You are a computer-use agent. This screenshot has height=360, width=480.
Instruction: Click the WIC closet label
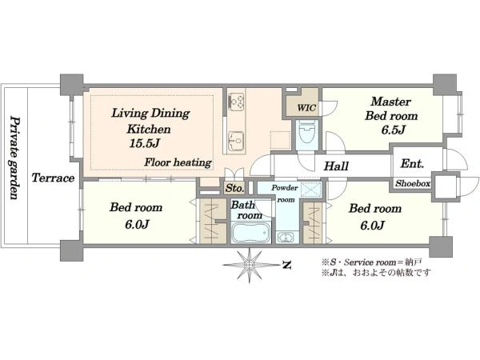306,108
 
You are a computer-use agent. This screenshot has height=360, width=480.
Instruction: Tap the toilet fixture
307,131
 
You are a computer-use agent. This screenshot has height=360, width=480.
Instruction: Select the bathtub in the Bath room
250,232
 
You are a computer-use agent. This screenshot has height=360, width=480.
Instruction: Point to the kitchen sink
236,141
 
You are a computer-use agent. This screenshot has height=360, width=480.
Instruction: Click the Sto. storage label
234,188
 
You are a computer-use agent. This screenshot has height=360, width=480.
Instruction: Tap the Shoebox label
413,183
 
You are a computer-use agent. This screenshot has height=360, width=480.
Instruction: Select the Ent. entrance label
412,164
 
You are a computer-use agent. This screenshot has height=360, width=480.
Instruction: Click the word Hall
336,166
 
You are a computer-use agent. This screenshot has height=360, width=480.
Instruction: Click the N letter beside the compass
286,265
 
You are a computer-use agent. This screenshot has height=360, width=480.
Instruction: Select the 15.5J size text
144,143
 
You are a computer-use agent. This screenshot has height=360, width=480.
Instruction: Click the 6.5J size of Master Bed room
394,130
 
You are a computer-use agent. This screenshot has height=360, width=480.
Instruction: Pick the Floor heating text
178,162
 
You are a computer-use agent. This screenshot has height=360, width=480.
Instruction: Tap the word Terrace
54,178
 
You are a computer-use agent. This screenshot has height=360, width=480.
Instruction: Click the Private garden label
14,158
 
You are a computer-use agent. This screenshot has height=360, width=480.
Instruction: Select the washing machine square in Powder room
311,190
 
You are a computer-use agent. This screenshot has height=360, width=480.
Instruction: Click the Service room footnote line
371,262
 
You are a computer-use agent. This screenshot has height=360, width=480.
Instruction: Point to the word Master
391,102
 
